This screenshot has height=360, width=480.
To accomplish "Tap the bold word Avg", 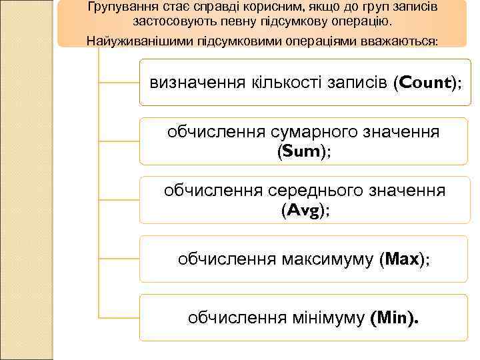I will [301, 211].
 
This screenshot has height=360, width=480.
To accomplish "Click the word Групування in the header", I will [120, 7].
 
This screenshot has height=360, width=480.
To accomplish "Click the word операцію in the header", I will [364, 21].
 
